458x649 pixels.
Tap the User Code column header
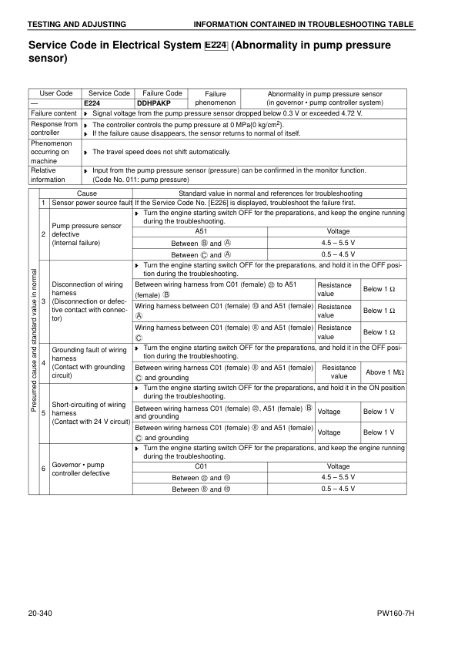tap(55, 93)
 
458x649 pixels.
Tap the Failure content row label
tap(53, 113)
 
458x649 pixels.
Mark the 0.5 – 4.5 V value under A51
tap(339, 254)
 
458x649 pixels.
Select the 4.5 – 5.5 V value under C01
tap(339, 477)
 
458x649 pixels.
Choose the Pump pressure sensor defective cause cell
tap(86, 234)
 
